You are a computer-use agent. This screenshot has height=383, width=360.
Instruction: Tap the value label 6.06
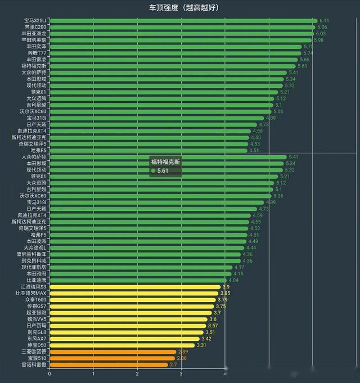click(x=322, y=27)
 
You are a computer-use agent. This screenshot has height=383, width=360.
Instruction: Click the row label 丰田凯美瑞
click(x=34, y=40)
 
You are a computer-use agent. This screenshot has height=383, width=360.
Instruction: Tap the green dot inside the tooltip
click(x=153, y=170)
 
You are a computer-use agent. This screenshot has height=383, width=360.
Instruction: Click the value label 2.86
click(x=182, y=358)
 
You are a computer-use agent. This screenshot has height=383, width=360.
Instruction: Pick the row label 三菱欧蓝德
click(x=34, y=352)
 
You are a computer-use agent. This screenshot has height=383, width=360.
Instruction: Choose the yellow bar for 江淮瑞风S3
click(x=135, y=287)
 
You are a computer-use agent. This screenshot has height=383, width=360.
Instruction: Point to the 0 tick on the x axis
click(x=49, y=373)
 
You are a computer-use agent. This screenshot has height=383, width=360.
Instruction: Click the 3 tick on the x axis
click(x=181, y=373)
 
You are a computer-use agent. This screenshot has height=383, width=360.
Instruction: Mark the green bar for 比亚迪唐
click(x=138, y=280)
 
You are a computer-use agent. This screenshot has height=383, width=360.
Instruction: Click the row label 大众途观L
click(x=35, y=247)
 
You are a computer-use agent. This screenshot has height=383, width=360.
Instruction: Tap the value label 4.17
click(x=239, y=267)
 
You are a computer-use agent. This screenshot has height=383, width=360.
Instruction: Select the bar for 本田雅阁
click(x=141, y=274)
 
